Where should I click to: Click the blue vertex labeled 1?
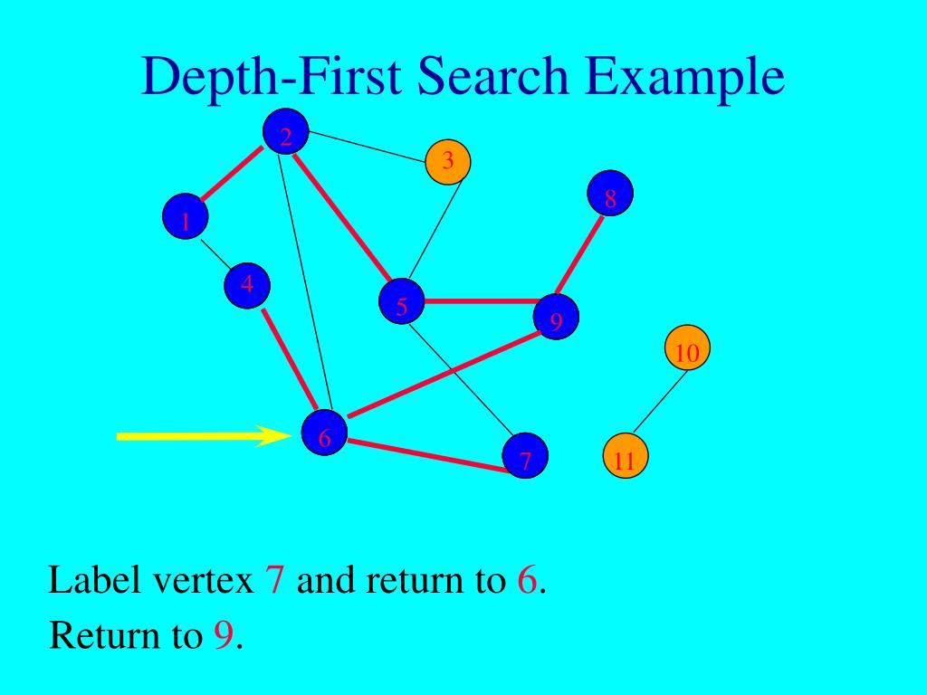click(x=186, y=217)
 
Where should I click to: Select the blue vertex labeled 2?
click(x=286, y=133)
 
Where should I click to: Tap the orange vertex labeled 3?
click(x=448, y=163)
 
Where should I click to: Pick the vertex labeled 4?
click(x=247, y=285)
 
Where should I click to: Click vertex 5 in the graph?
click(x=402, y=303)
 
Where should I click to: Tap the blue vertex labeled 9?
click(x=556, y=317)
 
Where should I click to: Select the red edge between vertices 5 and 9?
click(x=480, y=301)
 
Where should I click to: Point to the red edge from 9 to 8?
click(x=580, y=258)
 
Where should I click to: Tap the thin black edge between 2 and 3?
click(x=367, y=148)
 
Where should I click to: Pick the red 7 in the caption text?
click(x=275, y=579)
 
